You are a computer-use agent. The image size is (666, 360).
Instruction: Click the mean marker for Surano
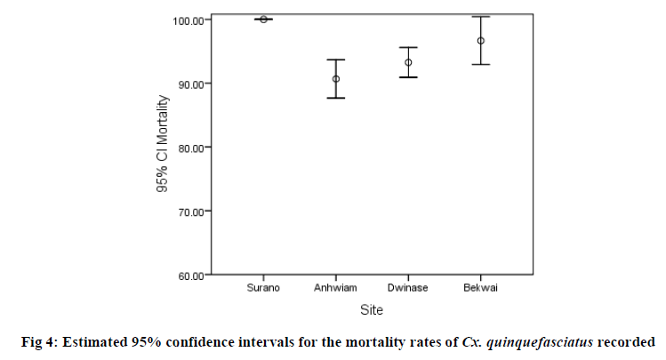(264, 19)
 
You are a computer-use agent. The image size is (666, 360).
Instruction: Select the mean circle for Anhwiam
(336, 79)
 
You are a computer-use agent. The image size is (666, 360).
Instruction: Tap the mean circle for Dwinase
(408, 62)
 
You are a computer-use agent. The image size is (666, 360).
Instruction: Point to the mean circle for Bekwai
(481, 41)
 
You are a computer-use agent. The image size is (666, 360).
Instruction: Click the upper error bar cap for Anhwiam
(336, 60)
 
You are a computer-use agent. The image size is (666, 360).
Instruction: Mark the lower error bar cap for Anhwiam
(336, 98)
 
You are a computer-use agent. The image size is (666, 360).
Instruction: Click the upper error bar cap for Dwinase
(408, 47)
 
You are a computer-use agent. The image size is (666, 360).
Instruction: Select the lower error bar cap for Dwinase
(408, 77)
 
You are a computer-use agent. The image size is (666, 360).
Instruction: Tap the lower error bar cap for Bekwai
(481, 64)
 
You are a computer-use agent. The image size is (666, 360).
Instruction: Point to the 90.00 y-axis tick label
(189, 84)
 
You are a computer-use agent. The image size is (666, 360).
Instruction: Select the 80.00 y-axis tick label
(189, 148)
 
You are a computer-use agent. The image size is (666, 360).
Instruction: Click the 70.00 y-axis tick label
(189, 212)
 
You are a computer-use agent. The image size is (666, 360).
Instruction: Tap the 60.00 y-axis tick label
(189, 276)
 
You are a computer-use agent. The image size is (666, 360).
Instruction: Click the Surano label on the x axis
(264, 288)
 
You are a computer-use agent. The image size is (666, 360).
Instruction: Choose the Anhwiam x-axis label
(336, 288)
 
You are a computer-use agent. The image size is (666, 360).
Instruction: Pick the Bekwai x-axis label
(481, 288)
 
